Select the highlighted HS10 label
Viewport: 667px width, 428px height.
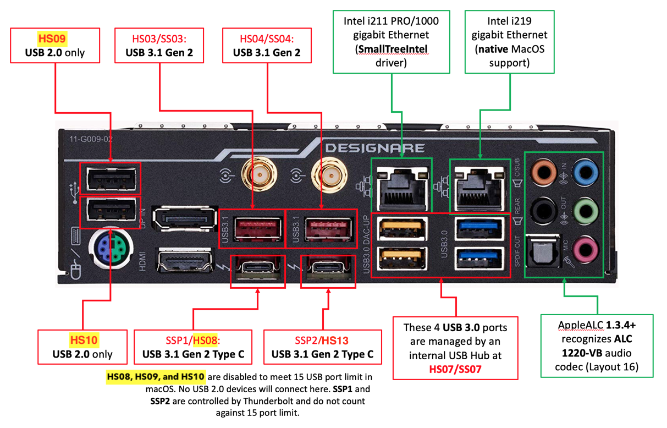tap(84, 340)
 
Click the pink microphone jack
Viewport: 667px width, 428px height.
tap(585, 250)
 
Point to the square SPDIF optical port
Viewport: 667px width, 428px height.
tap(542, 251)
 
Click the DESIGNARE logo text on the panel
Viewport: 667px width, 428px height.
tap(374, 148)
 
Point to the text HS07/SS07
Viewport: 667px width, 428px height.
tap(455, 369)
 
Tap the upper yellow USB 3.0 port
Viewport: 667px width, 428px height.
tap(403, 229)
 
